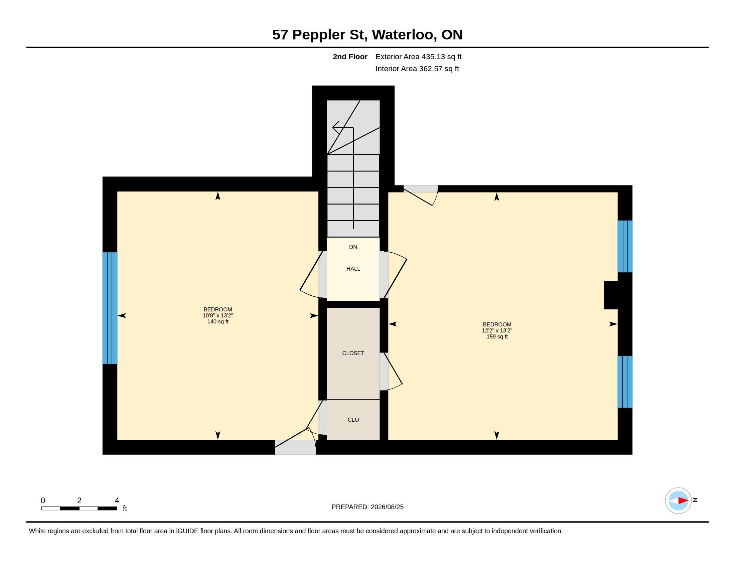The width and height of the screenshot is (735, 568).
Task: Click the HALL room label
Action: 353,269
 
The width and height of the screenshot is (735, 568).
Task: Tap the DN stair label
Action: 353,247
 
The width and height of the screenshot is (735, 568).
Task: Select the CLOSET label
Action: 353,353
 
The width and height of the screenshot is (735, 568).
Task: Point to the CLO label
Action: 353,420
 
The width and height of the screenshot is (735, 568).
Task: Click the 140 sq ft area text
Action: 218,322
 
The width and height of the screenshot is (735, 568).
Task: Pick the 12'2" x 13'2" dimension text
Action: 497,331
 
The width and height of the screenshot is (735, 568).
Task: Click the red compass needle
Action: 683,501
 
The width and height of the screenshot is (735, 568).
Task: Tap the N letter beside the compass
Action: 695,500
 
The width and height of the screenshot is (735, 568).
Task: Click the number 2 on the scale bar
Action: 79,501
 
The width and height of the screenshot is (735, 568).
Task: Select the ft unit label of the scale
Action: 125,509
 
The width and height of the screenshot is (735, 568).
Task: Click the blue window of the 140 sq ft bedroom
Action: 110,308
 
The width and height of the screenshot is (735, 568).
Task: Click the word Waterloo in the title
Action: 403,35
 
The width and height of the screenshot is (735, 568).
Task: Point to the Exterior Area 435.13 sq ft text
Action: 418,56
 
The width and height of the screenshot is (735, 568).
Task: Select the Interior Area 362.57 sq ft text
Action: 417,68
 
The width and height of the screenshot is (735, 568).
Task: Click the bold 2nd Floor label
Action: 350,56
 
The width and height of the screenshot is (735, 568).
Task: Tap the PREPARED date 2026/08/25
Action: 387,507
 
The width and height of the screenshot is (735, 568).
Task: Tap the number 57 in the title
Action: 280,35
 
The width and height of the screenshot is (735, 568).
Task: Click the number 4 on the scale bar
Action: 117,501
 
